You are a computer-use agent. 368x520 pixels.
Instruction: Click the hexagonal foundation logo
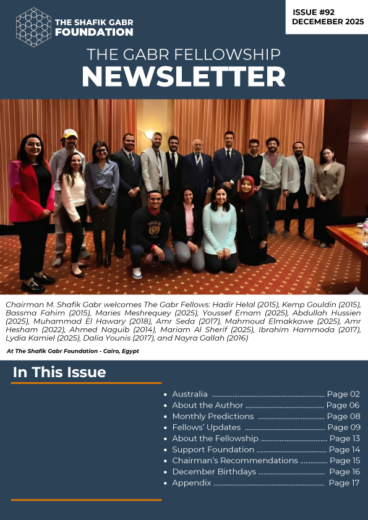[x=33, y=27]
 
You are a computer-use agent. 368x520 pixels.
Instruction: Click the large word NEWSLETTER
[x=183, y=77]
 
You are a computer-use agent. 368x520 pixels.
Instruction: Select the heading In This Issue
[x=59, y=372]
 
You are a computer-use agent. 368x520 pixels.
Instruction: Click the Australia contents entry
[x=189, y=394]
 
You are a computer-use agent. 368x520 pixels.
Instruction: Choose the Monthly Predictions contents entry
[x=213, y=416]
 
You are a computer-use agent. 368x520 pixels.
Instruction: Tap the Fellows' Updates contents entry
[x=206, y=427]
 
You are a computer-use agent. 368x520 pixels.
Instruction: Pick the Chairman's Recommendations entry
[x=234, y=461]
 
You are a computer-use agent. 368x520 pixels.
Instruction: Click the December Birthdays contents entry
[x=213, y=472]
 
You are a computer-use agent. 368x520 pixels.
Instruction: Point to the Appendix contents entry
[x=191, y=483]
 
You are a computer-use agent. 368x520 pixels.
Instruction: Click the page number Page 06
[x=343, y=405]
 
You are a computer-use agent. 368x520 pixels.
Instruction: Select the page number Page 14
[x=344, y=450]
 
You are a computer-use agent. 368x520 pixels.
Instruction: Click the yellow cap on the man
[x=70, y=134]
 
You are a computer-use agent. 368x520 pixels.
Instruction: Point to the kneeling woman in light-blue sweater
[x=220, y=226]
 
